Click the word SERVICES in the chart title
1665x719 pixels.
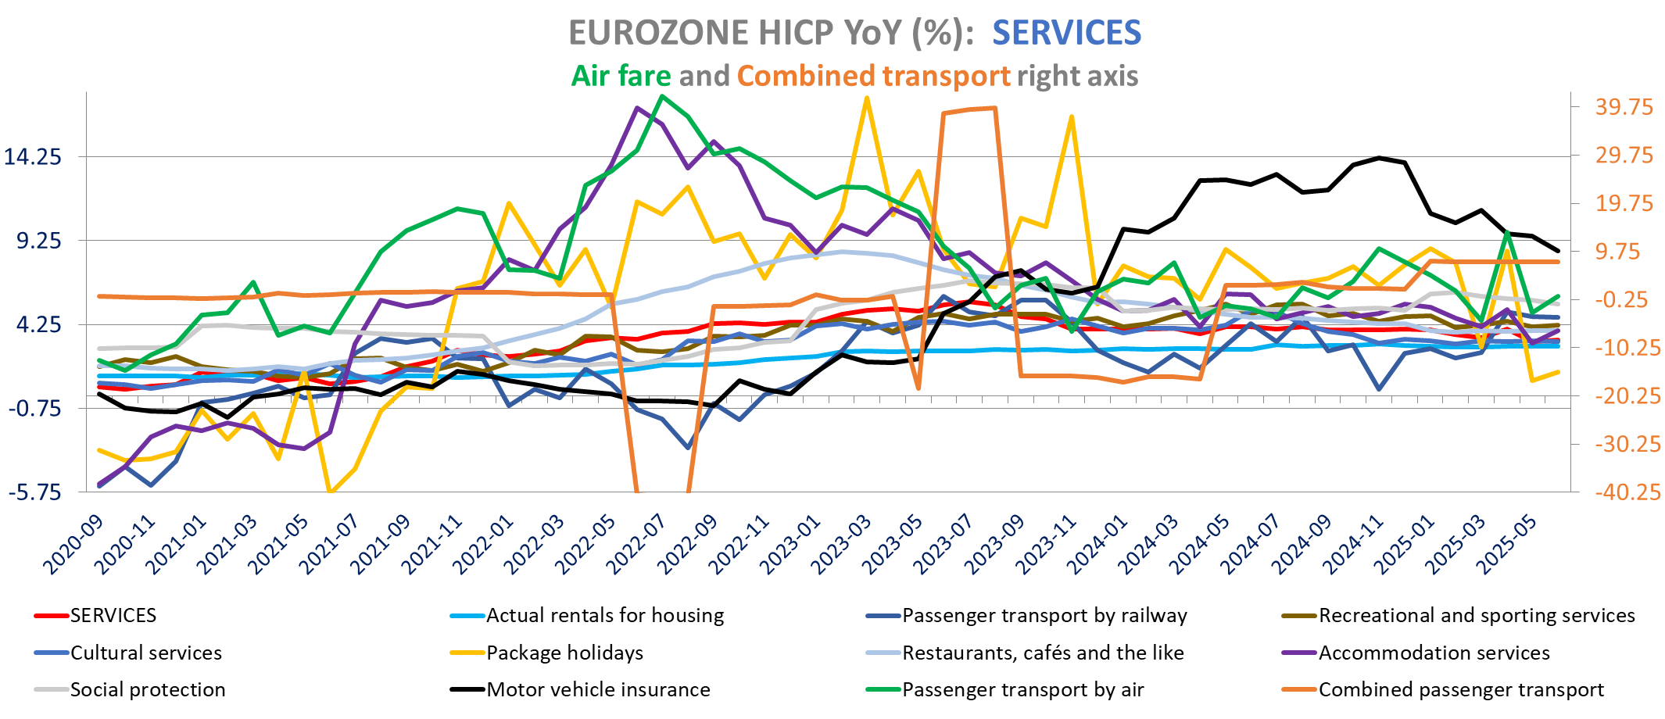[1066, 33]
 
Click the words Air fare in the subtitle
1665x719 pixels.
[621, 76]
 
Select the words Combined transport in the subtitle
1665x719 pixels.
[873, 76]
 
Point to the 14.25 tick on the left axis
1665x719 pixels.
[33, 156]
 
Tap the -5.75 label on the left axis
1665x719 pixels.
[35, 492]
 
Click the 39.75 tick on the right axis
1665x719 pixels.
[1624, 107]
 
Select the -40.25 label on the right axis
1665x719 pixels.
[1627, 492]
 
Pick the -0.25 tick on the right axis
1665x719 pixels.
[1624, 300]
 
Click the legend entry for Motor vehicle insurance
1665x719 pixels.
[598, 689]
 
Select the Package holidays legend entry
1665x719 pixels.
[564, 653]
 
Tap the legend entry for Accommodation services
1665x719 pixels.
[1434, 653]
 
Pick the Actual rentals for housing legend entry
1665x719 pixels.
[604, 616]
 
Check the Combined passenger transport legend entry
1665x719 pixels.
[1460, 689]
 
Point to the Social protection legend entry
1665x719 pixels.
[148, 689]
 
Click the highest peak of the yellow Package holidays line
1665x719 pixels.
[866, 98]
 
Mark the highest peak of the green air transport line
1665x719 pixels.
[662, 96]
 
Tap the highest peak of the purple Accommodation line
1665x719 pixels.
[637, 108]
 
